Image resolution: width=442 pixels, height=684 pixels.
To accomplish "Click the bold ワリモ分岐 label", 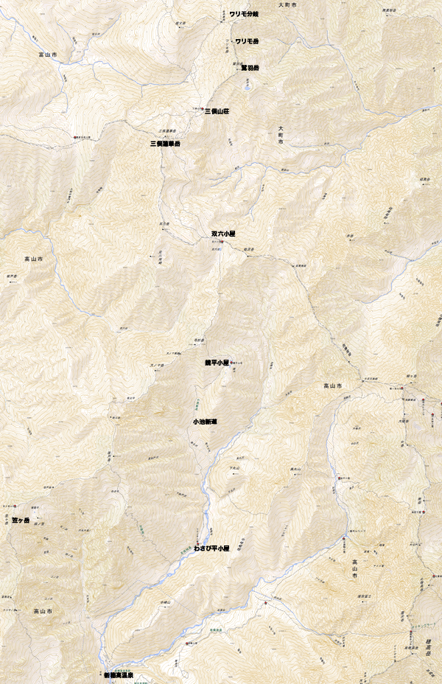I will click(243, 14).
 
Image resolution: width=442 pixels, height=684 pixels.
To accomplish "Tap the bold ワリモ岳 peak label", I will click(246, 41).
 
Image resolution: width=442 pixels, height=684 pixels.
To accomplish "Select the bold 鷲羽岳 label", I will click(250, 68).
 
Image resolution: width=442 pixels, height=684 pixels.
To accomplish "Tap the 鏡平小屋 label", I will click(217, 363).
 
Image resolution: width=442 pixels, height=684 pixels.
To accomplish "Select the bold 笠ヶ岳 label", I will click(21, 521).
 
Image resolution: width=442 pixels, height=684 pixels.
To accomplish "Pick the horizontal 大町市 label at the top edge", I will click(288, 5).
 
